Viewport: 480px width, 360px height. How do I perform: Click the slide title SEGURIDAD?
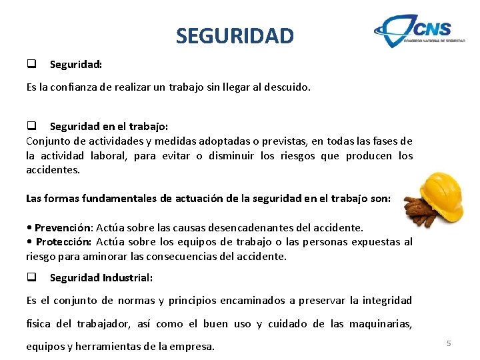[235, 35]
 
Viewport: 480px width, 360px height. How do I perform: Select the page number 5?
[449, 343]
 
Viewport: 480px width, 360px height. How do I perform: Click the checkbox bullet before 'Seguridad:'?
[31, 64]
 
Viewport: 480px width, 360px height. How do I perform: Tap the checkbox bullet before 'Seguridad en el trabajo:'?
[31, 126]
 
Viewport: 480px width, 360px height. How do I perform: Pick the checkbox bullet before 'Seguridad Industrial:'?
[31, 277]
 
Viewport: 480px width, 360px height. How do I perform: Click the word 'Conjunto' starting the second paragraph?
[47, 141]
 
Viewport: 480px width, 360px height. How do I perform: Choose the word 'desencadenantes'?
[275, 227]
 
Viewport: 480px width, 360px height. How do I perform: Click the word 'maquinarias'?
[380, 324]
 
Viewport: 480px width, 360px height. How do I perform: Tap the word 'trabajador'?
[103, 324]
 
